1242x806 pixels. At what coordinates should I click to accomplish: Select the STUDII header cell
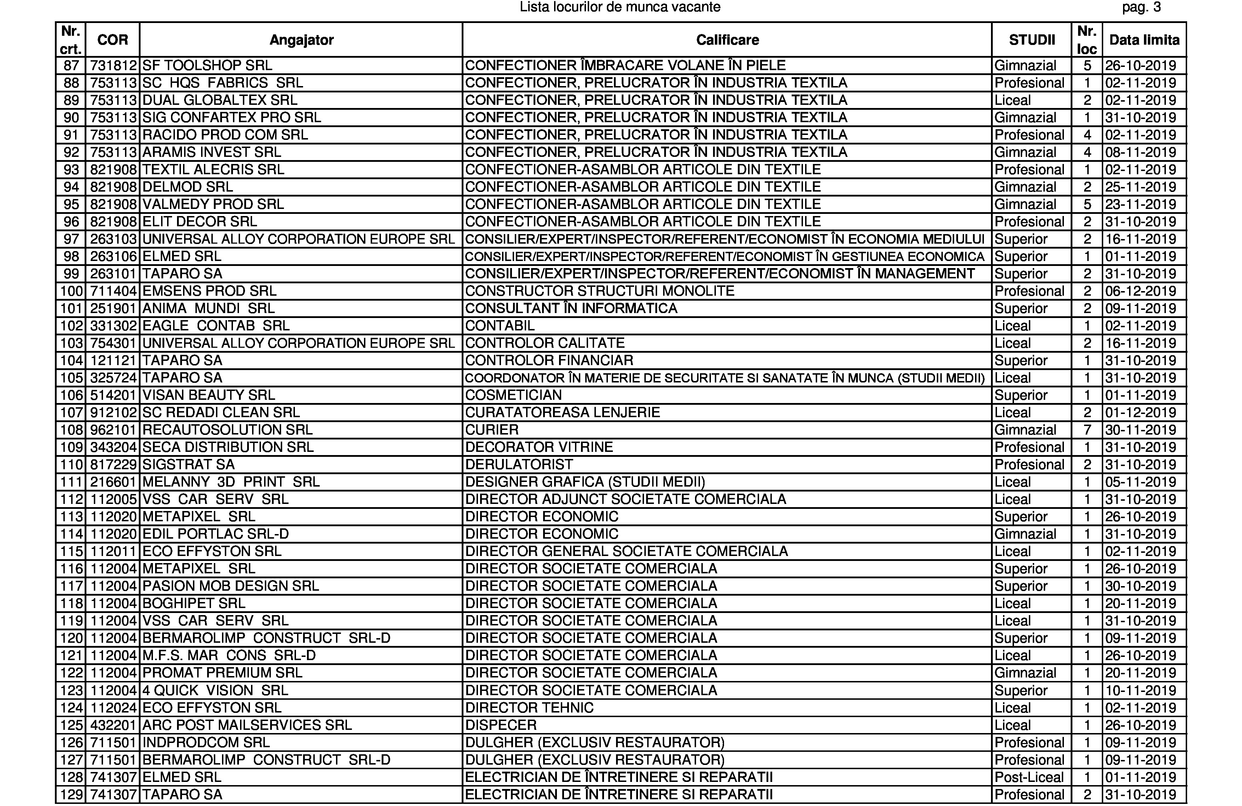[x=1032, y=40]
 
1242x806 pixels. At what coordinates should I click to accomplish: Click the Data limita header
[x=1144, y=40]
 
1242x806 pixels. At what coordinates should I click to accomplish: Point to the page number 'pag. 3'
[x=1141, y=7]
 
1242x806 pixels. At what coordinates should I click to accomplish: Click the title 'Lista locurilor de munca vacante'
[x=620, y=7]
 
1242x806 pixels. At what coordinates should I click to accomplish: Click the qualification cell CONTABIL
[x=500, y=326]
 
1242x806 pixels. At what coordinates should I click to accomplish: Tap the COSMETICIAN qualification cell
[x=513, y=395]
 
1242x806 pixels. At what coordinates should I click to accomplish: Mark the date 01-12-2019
[x=1140, y=413]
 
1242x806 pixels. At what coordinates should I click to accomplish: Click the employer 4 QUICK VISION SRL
[x=215, y=691]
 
